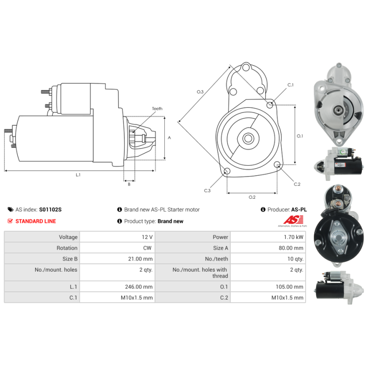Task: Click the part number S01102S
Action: pos(50,210)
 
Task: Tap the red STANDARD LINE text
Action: pos(36,221)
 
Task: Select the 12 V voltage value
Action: pos(147,237)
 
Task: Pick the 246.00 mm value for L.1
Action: pos(139,287)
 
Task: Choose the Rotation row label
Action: pos(67,248)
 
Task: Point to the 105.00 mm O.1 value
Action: pos(289,287)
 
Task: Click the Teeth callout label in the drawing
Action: pos(157,109)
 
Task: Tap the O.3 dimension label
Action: pos(200,92)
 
